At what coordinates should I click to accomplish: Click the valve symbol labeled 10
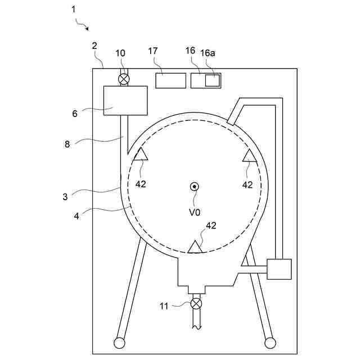point(123,79)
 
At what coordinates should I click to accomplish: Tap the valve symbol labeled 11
point(196,304)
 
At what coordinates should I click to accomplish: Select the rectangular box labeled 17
point(170,80)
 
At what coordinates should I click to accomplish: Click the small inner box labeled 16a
point(212,80)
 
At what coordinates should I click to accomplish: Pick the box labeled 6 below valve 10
point(125,101)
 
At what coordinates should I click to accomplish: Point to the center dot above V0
point(194,187)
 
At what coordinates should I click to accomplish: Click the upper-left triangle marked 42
point(140,154)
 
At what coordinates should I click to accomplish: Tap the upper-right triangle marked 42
point(249,156)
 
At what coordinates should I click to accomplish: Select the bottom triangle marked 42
point(195,247)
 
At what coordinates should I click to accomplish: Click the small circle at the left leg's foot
point(119,343)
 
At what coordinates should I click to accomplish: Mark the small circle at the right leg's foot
point(270,343)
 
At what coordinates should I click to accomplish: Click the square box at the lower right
point(279,269)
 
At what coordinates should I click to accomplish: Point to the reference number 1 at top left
point(73,10)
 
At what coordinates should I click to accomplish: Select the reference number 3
point(66,196)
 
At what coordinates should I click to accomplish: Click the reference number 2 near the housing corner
point(94,46)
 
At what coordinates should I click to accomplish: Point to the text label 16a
point(208,52)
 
